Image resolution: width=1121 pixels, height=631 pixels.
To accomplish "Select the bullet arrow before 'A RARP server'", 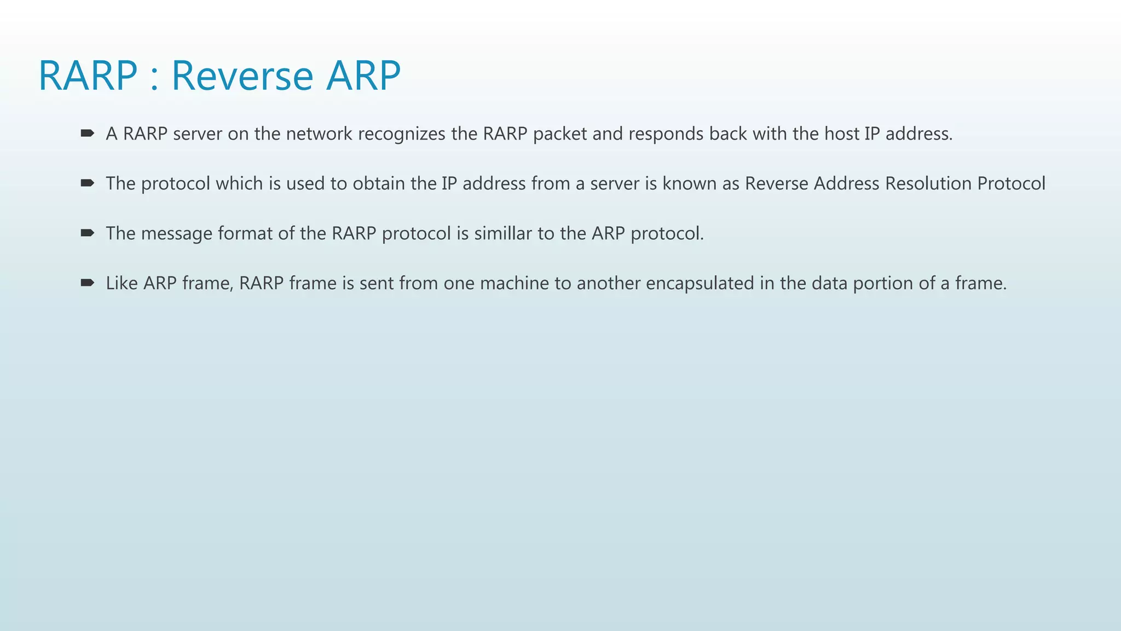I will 87,133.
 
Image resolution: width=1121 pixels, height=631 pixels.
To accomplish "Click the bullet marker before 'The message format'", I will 87,233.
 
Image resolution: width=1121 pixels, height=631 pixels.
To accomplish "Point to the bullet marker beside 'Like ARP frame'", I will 87,283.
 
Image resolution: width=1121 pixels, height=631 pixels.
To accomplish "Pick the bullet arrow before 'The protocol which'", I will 87,183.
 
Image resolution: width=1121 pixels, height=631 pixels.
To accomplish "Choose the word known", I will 690,183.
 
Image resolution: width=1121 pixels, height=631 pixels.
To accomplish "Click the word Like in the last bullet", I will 122,283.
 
